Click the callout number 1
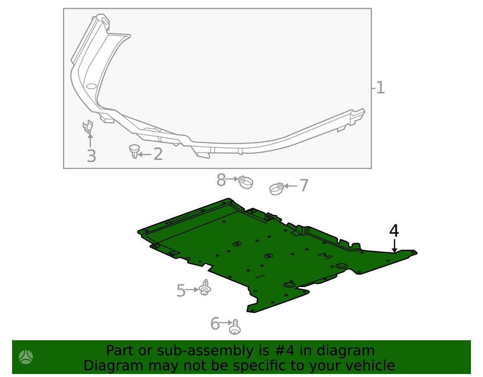(x=381, y=88)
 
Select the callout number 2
(x=158, y=154)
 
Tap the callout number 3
(x=91, y=156)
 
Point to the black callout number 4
(x=394, y=231)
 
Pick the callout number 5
(x=181, y=290)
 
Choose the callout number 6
(x=215, y=324)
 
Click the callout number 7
(x=304, y=186)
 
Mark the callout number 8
(x=221, y=180)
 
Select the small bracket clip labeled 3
(x=88, y=127)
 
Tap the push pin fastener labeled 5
(x=205, y=288)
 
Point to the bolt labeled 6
(x=235, y=327)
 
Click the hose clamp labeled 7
(x=276, y=188)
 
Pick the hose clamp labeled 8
(x=245, y=182)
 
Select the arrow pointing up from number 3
(x=90, y=141)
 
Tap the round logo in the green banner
(x=26, y=357)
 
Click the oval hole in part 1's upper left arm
(x=91, y=86)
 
